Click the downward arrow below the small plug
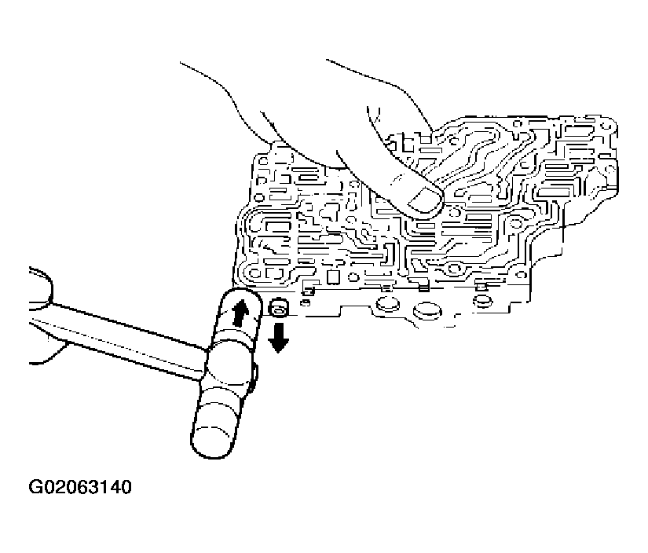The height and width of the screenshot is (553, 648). tap(279, 338)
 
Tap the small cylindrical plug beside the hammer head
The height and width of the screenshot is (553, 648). tap(280, 309)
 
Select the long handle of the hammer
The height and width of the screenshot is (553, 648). tap(120, 337)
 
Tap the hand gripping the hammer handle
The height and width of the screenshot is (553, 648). tap(41, 314)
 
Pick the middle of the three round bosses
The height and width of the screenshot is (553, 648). tap(427, 311)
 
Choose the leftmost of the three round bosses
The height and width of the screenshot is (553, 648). tap(386, 305)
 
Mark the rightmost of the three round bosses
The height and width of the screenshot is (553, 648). tap(481, 302)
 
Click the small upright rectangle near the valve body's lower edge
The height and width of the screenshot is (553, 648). tap(333, 277)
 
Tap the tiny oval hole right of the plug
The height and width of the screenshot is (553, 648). tap(306, 304)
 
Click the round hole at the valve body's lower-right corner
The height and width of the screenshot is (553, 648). tap(521, 274)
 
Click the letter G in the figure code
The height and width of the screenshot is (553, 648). tap(35, 487)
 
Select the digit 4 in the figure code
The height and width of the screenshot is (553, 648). tap(113, 487)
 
